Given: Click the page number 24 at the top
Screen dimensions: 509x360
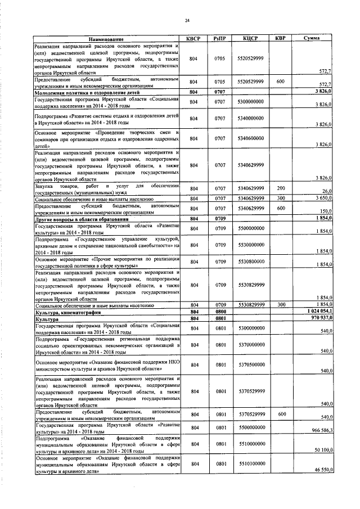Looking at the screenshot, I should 187,21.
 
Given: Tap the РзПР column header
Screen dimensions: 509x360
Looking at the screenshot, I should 220,38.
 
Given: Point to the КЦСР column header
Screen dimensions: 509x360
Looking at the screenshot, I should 250,38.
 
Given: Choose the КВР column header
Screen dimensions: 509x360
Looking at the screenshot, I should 280,38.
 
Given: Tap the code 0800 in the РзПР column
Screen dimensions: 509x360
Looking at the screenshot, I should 220,312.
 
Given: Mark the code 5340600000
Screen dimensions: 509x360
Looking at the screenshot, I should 250,138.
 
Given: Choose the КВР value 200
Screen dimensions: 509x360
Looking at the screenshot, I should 281,188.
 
